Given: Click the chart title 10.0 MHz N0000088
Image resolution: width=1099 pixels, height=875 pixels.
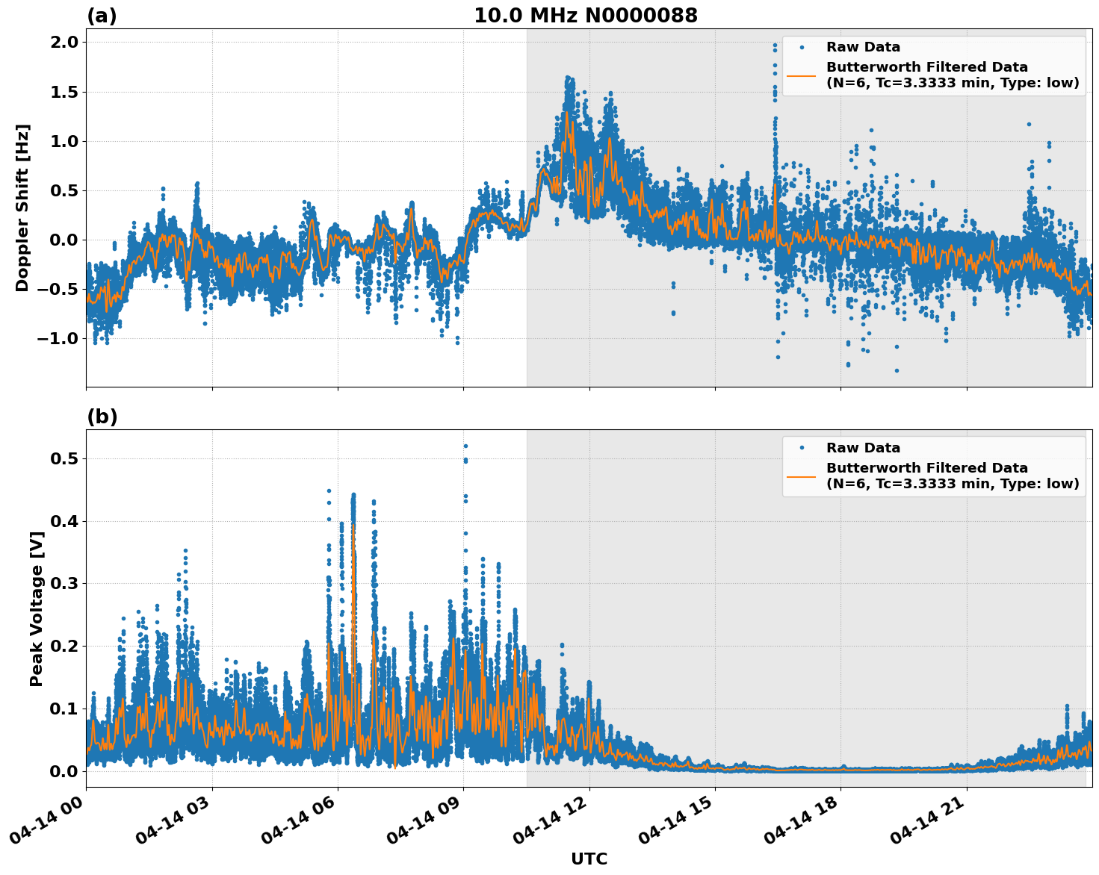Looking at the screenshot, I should tap(585, 16).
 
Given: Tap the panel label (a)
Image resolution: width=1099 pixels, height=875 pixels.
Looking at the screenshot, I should tap(102, 16).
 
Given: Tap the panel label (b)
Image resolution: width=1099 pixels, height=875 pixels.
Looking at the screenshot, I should tap(102, 417).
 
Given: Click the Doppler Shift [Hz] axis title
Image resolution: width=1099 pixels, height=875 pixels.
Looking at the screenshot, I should tap(22, 208).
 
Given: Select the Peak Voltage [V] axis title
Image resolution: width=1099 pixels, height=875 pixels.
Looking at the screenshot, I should tap(36, 608).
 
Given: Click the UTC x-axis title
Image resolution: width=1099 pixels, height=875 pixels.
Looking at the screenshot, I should tap(589, 859).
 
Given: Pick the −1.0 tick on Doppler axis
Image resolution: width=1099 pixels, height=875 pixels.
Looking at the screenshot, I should tap(58, 338).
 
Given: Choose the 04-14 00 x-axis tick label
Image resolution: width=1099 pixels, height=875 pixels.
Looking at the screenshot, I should tap(51, 824).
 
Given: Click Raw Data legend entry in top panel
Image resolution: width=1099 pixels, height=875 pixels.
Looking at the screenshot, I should tap(863, 47).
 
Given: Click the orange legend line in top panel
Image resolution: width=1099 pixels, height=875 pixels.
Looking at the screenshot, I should tap(801, 75).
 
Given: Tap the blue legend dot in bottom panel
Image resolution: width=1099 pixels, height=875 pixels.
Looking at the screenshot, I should tap(801, 448).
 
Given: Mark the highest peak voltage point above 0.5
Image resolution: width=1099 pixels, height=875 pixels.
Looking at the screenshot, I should tap(465, 446).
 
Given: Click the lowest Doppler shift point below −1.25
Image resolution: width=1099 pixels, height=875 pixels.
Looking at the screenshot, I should tap(897, 370).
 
